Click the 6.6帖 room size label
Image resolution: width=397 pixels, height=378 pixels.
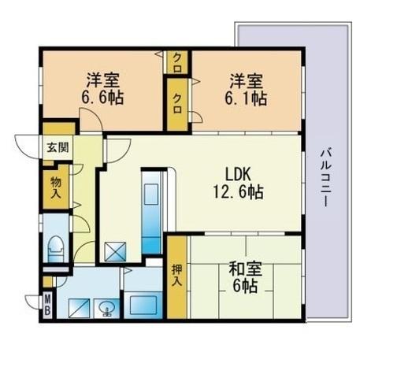102,98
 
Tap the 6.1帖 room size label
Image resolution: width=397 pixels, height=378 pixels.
246,98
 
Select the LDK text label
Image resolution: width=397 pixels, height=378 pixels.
238,174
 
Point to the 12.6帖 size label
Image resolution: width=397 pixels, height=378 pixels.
238,191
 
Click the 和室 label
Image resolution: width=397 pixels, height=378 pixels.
246,269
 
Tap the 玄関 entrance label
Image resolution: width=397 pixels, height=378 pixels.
58,147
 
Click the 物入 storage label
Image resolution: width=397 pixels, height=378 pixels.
56,187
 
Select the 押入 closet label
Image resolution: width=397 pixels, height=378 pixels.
176,276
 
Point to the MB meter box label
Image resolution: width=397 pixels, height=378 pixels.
47,305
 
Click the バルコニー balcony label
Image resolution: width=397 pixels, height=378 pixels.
325,178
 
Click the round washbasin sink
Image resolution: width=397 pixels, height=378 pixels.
106,308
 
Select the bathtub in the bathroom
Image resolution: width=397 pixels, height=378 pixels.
143,306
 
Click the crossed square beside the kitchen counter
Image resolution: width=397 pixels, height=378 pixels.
115,251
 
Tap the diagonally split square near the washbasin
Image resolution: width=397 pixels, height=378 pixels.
79,308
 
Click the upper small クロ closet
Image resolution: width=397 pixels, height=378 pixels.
178,62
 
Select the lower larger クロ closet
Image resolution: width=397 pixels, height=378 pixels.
178,104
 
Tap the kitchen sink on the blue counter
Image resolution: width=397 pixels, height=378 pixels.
150,194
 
